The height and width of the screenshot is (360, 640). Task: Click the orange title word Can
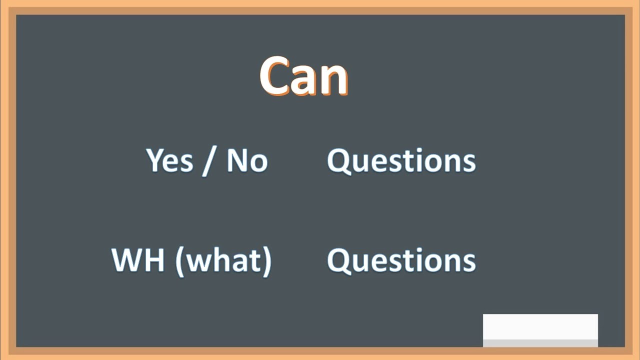pos(303,76)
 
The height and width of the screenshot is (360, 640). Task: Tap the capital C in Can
pos(274,76)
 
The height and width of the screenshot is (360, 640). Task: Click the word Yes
pos(169,160)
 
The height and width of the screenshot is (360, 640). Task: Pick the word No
pos(247,160)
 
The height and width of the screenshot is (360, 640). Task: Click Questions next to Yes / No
pos(401,161)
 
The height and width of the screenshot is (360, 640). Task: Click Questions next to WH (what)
pos(401,260)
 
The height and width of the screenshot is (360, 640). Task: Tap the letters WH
pos(137,260)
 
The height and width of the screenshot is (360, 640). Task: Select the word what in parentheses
pos(223,260)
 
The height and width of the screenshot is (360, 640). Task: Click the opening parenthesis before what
pos(179,261)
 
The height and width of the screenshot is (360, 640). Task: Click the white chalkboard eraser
pos(540,327)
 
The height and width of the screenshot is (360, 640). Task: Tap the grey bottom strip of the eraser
pos(540,343)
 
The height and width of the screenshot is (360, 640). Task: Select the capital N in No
pos(237,160)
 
